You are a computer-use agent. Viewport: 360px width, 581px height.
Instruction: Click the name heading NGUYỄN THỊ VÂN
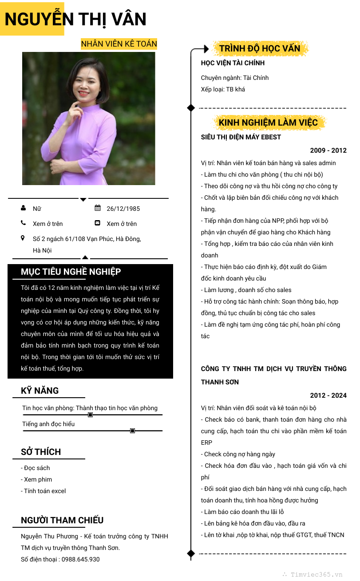click(x=75, y=19)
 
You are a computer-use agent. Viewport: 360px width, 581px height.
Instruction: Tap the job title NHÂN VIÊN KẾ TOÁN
click(x=119, y=44)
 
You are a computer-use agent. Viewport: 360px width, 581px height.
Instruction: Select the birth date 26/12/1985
click(x=123, y=209)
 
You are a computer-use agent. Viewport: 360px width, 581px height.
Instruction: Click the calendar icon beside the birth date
click(x=98, y=208)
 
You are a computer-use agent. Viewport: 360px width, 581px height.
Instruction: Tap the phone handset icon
click(x=23, y=223)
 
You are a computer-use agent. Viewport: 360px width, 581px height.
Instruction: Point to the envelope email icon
click(x=98, y=223)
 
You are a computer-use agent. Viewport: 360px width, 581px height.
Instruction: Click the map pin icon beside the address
click(x=23, y=238)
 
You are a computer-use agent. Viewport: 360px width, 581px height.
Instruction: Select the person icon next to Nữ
click(x=23, y=208)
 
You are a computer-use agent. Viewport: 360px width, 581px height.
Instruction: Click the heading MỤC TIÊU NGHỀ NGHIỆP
click(x=71, y=272)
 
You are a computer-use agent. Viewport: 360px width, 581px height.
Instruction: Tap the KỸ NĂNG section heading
click(x=40, y=391)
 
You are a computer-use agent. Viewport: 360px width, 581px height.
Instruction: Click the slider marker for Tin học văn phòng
click(x=91, y=415)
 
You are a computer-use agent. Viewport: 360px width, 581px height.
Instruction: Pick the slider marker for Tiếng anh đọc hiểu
click(x=132, y=431)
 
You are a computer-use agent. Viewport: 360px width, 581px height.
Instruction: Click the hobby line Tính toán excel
click(x=44, y=491)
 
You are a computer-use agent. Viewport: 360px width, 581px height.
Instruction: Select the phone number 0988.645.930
click(x=80, y=559)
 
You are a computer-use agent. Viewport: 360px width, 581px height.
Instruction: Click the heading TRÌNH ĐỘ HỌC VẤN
click(x=260, y=48)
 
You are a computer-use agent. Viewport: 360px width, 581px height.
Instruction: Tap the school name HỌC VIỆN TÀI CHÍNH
click(x=233, y=63)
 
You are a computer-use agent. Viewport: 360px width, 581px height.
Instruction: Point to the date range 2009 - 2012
click(x=328, y=150)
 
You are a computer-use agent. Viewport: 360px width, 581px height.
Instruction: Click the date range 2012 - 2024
click(x=328, y=395)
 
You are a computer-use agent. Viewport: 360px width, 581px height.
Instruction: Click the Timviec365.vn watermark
click(x=316, y=574)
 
